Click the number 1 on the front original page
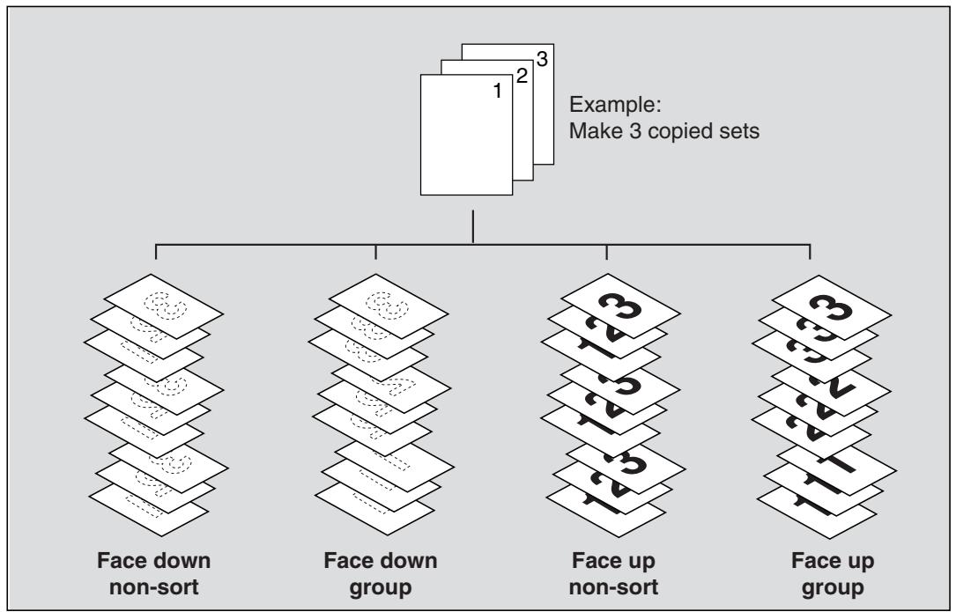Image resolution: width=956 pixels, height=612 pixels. point(498,91)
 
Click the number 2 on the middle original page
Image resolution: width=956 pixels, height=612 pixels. point(522,76)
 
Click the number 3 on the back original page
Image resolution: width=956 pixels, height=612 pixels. point(542,59)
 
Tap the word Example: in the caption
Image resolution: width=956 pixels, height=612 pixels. point(615,105)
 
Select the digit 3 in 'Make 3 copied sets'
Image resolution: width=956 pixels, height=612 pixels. point(635,131)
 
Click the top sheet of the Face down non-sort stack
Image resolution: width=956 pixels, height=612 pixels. point(163,306)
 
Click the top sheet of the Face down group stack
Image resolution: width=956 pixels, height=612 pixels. point(389,306)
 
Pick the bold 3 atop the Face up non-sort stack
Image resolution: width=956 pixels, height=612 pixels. point(620,305)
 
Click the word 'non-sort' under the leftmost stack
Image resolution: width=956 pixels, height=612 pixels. point(153,587)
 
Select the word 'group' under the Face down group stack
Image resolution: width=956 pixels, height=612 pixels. point(381,588)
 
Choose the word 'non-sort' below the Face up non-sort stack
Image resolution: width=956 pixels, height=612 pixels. point(613,587)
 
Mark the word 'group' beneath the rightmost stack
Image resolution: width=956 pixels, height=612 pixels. point(833,588)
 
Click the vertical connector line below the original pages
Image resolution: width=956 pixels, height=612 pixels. point(473,227)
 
